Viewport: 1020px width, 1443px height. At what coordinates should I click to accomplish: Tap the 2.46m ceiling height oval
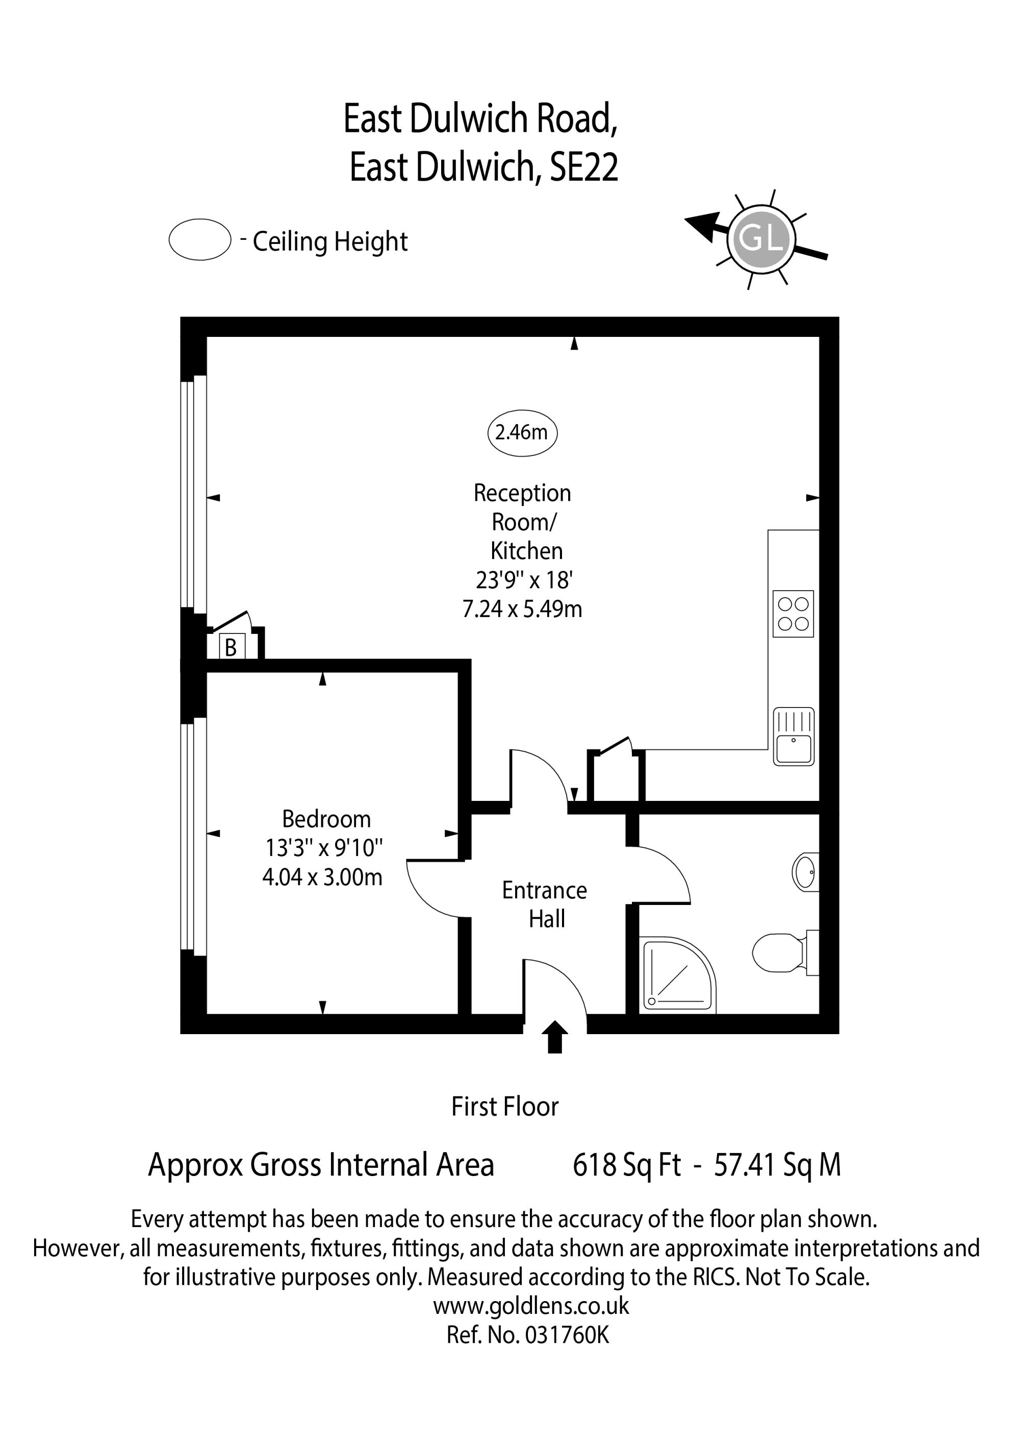coord(522,432)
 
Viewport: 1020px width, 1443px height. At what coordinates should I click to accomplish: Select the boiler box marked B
coord(231,647)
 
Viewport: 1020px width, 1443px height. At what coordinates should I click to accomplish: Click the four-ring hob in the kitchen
coord(793,614)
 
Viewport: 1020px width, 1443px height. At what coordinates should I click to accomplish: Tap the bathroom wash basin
coord(806,872)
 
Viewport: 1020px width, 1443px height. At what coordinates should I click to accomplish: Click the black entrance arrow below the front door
coord(554,1037)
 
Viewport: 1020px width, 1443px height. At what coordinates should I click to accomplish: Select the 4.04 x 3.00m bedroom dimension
coord(322,877)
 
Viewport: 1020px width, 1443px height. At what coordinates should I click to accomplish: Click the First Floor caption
coord(505,1107)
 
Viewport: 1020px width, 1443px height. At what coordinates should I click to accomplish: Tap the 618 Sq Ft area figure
coord(626,1165)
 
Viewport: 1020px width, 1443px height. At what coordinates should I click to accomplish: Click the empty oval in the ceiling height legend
coord(200,239)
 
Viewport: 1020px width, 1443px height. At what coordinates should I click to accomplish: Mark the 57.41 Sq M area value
coord(778,1165)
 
